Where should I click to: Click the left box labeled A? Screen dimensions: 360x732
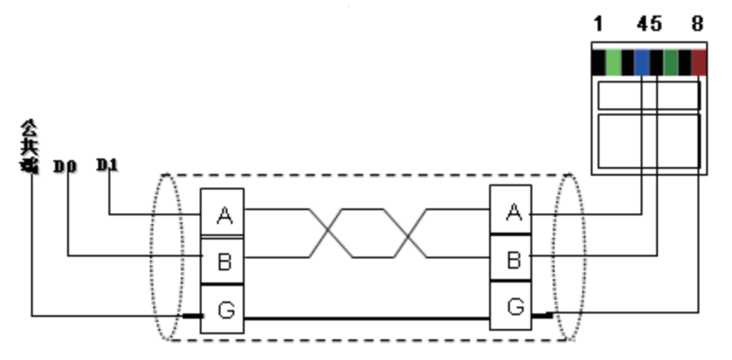click(x=223, y=214)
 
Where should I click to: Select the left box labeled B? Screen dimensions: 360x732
click(x=223, y=260)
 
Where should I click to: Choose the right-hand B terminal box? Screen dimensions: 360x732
click(x=512, y=258)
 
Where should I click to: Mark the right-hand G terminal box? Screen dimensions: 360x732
click(x=512, y=305)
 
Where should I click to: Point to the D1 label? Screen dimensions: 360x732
click(x=107, y=163)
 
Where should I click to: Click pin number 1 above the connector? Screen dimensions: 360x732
click(x=598, y=24)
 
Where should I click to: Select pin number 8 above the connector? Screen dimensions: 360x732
click(x=697, y=24)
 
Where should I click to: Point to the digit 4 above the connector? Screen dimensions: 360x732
click(x=642, y=24)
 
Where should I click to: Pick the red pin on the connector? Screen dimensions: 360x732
click(x=699, y=63)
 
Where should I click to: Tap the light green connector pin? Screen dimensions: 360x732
click(x=613, y=63)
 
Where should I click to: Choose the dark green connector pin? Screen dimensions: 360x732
click(x=671, y=63)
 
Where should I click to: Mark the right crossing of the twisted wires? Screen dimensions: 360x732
click(x=411, y=232)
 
